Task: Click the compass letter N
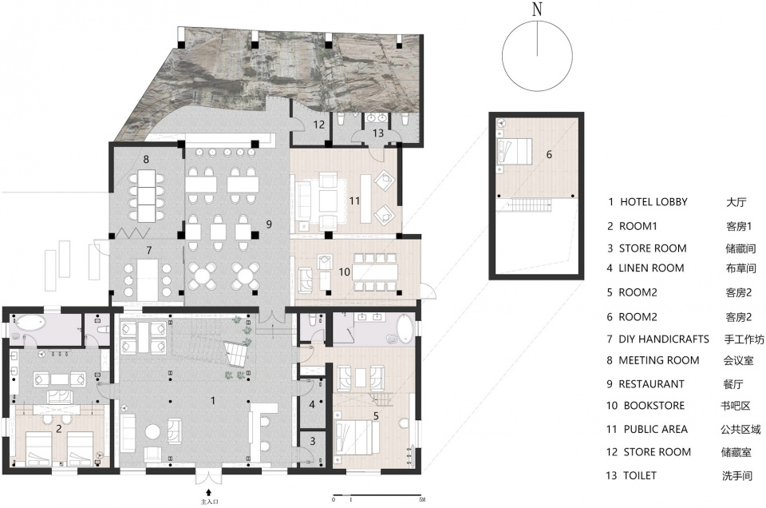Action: (537, 9)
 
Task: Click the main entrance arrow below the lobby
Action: (208, 492)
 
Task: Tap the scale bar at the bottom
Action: (377, 494)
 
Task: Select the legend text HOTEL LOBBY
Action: (653, 201)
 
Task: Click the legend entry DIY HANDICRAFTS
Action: (663, 339)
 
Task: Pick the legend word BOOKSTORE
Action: (654, 405)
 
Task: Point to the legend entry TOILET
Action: (639, 475)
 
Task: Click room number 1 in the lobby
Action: (213, 400)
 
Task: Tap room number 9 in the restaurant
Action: (269, 224)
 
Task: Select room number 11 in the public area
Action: (354, 200)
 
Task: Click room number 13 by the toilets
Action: (378, 133)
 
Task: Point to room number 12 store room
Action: (319, 125)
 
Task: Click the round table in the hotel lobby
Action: (154, 432)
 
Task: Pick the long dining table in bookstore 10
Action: (375, 271)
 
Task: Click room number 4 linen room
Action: (312, 405)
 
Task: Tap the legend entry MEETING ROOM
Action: (658, 360)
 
